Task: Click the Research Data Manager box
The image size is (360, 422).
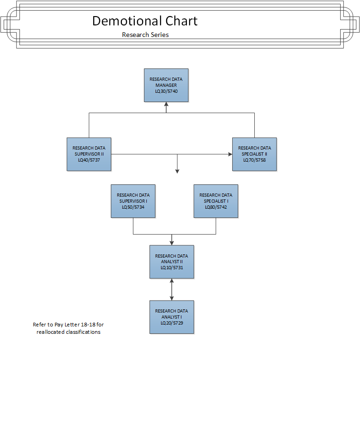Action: pyautogui.click(x=166, y=85)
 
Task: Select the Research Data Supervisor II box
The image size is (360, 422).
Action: pyautogui.click(x=89, y=154)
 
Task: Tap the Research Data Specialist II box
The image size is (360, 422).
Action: pyautogui.click(x=254, y=154)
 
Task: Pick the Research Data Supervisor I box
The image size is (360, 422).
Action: pyautogui.click(x=133, y=201)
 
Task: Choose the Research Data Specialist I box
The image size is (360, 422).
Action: pyautogui.click(x=216, y=201)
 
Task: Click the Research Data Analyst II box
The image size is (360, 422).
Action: pyautogui.click(x=172, y=262)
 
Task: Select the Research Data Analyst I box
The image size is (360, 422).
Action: pyautogui.click(x=172, y=317)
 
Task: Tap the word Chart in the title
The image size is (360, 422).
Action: pyautogui.click(x=181, y=21)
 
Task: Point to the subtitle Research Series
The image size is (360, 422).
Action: pyautogui.click(x=145, y=35)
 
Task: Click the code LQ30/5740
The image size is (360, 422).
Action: pyautogui.click(x=166, y=91)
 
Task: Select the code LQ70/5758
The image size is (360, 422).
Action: pyautogui.click(x=254, y=160)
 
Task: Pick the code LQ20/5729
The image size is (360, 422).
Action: pyautogui.click(x=172, y=323)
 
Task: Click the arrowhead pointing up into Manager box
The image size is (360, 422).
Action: pyautogui.click(x=166, y=104)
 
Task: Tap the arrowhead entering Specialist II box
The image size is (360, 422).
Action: pyautogui.click(x=230, y=154)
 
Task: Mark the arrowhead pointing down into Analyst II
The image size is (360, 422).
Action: pyautogui.click(x=172, y=243)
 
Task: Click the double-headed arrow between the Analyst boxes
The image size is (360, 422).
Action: pyautogui.click(x=172, y=289)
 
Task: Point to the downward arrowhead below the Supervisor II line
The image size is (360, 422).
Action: pyautogui.click(x=177, y=171)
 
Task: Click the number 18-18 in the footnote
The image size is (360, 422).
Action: pyautogui.click(x=88, y=325)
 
